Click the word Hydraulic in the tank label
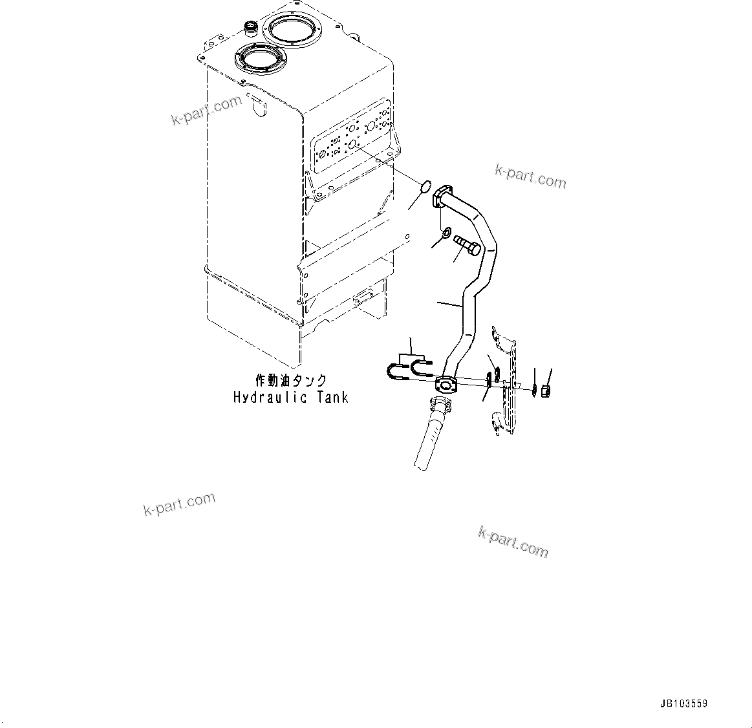coord(270,396)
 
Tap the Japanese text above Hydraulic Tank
coord(290,380)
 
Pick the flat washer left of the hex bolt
coord(444,232)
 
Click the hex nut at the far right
coord(545,391)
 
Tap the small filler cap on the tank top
coord(250,27)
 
